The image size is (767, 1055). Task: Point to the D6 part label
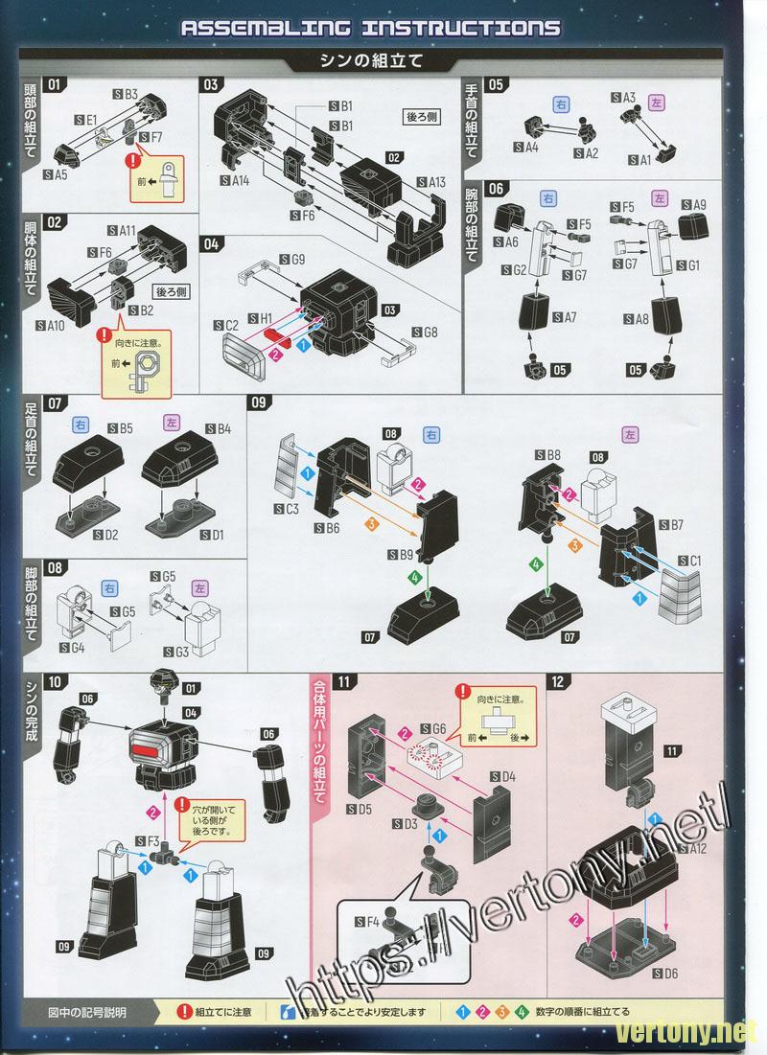(x=664, y=974)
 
